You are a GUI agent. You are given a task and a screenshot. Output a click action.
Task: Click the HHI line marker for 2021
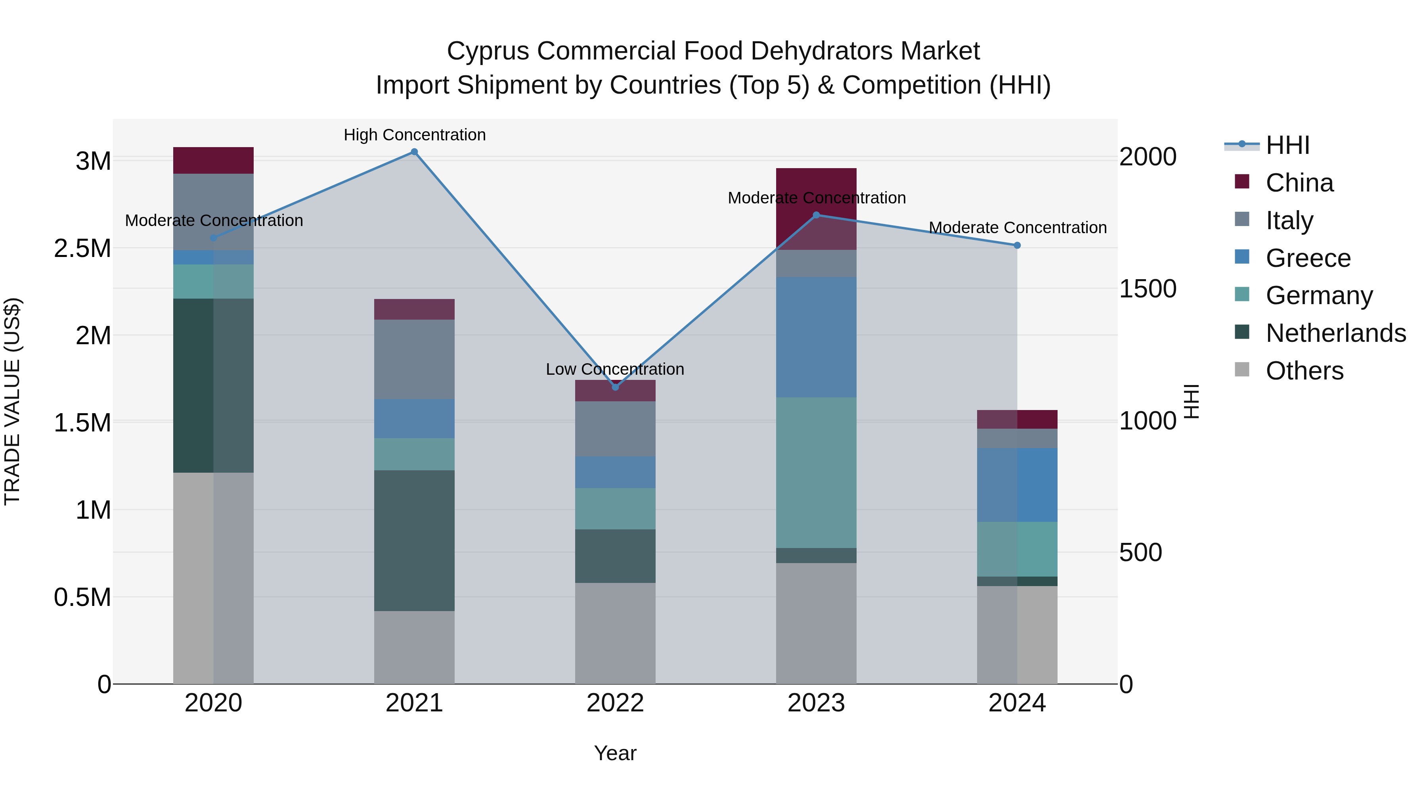coord(414,152)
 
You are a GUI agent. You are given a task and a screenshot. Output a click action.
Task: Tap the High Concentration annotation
coord(414,135)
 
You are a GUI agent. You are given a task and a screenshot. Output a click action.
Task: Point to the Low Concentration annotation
coord(615,369)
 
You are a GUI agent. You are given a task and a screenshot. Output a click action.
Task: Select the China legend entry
coord(1299,183)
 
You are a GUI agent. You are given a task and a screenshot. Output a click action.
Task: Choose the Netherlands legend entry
coord(1335,333)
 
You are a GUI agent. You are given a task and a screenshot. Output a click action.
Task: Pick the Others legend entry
coord(1304,371)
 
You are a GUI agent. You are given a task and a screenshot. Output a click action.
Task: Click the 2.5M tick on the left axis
coord(82,248)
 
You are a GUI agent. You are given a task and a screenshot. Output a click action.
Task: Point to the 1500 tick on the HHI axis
coord(1147,289)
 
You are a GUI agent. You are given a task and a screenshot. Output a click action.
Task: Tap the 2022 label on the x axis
coord(615,703)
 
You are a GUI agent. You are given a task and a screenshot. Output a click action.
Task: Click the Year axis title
coord(615,753)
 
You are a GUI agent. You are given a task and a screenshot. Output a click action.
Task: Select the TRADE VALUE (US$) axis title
coord(12,401)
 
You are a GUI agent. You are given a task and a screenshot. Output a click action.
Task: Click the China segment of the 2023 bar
coord(816,183)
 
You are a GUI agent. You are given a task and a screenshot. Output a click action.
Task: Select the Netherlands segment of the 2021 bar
coord(414,540)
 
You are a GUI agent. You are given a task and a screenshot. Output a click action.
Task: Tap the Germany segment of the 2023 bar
coord(816,472)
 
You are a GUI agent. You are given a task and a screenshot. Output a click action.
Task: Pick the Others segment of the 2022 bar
coord(615,633)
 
